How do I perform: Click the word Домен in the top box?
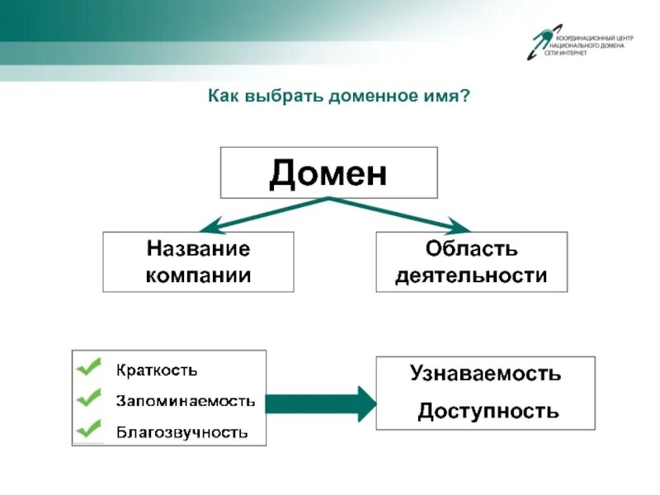pos(328,173)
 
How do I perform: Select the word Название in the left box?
pos(198,248)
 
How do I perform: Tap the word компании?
pos(198,275)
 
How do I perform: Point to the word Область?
pos(471,248)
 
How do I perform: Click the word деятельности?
pos(471,275)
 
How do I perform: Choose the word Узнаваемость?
pos(485,374)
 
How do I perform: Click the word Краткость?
pos(156,370)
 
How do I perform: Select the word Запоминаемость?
pos(185,401)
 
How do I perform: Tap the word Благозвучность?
pos(181,431)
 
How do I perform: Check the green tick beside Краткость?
pos(88,365)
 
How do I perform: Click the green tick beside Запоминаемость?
pos(88,397)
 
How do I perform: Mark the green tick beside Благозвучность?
pos(88,428)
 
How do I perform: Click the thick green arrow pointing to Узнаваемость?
pos(323,403)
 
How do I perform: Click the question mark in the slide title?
pos(466,97)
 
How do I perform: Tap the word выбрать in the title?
pos(279,97)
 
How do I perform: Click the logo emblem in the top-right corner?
pos(540,41)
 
